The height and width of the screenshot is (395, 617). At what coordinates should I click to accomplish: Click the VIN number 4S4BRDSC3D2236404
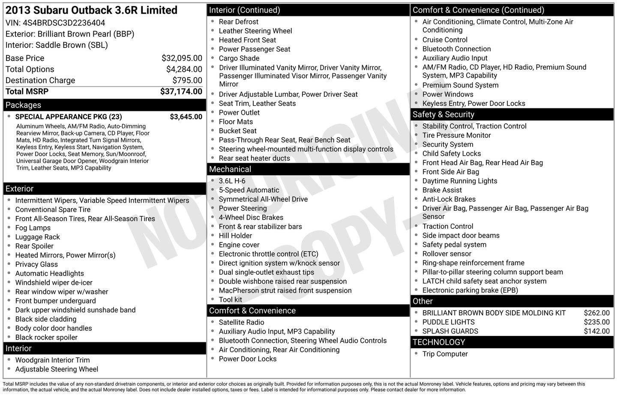point(64,23)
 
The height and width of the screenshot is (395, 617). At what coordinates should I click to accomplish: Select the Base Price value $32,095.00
point(182,58)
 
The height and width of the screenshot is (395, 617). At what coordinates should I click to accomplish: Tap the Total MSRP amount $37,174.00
point(181,91)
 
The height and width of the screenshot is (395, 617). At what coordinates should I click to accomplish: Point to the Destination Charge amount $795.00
point(187,81)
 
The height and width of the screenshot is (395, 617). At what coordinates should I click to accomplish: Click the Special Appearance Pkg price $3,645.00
point(186,117)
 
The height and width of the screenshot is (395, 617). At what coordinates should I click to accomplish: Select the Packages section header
point(23,105)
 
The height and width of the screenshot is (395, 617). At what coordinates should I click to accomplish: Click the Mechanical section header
point(230,169)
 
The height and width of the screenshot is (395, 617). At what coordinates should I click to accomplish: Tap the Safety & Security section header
point(443,114)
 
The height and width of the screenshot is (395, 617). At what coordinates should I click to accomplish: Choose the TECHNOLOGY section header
point(439,342)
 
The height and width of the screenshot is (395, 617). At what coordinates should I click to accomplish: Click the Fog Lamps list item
point(33,228)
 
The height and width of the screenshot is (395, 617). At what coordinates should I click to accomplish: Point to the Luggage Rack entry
point(38,237)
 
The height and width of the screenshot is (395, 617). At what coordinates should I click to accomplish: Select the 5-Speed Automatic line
point(249,190)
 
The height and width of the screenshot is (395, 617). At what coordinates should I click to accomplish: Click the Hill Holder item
point(235,236)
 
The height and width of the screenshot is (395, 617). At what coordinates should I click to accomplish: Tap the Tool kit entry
point(231,299)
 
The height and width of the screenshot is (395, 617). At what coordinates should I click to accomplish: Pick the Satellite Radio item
point(242,322)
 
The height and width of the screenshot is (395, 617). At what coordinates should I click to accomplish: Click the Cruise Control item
point(445,40)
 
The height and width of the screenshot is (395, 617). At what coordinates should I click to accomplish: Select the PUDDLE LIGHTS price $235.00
point(596,322)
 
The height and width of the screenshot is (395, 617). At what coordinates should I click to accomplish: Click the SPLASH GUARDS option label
point(450,331)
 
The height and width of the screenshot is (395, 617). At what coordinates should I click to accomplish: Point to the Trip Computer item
point(445,354)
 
